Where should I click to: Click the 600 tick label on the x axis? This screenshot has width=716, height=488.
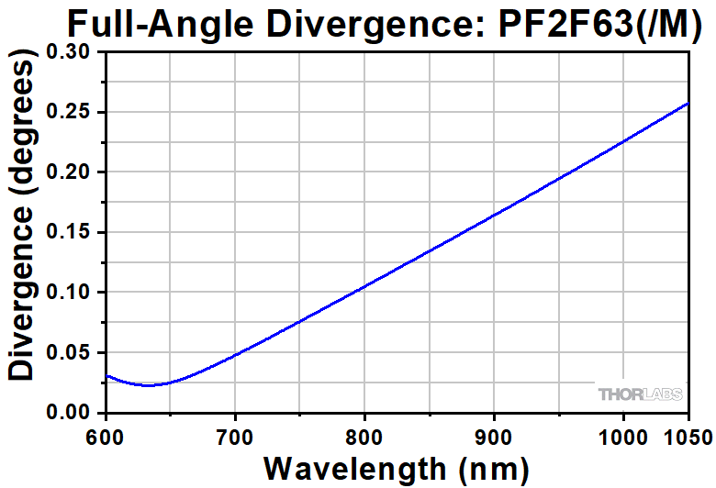click(x=106, y=435)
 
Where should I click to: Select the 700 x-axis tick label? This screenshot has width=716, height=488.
click(x=236, y=435)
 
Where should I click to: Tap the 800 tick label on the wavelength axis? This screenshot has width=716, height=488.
click(x=365, y=435)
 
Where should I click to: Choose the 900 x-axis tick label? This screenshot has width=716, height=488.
click(x=495, y=435)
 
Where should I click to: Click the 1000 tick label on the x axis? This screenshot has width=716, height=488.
click(x=623, y=435)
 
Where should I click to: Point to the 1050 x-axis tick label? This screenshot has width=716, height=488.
click(x=688, y=435)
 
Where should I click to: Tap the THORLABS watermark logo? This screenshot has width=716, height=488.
click(x=641, y=394)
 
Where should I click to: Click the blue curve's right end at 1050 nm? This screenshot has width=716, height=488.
click(x=688, y=104)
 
